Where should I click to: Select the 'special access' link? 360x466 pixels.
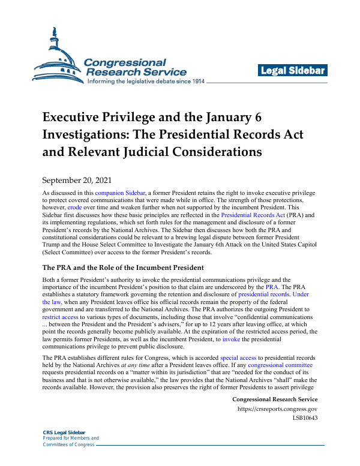238,358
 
